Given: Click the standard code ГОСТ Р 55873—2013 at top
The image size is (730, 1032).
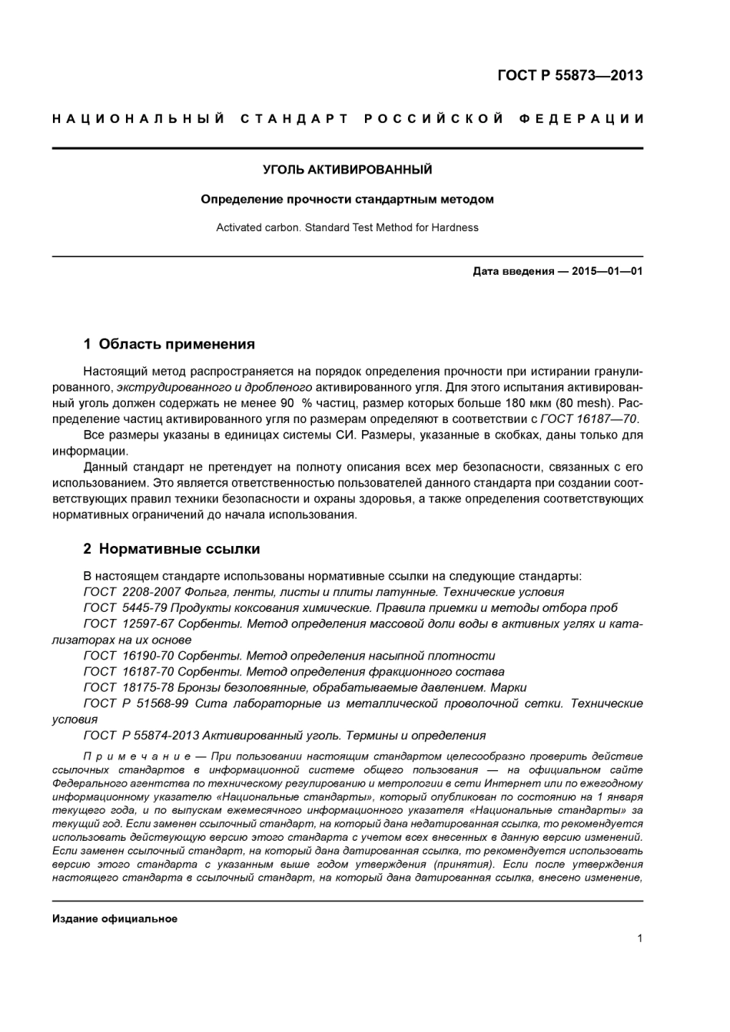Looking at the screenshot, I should [569, 75].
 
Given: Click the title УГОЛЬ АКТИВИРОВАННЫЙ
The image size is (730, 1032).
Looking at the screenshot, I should [347, 170].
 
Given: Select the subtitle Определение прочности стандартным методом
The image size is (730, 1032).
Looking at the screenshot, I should [347, 200].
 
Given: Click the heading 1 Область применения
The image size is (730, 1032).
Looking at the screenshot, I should [168, 344].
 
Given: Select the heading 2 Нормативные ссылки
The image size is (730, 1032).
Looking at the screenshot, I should [171, 549].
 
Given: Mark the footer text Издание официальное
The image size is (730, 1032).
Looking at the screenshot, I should [114, 919].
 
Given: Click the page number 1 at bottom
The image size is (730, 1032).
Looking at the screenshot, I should [639, 938].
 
